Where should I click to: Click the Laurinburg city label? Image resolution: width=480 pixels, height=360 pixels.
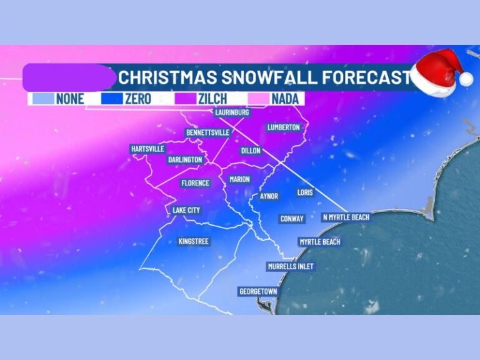232,112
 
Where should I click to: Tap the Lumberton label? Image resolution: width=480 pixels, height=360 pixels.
284,127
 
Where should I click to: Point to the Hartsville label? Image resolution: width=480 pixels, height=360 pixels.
147,149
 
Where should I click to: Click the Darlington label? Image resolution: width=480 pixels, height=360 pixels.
185,159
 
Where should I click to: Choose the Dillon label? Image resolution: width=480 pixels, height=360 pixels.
250,151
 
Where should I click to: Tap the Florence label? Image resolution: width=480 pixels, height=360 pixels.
195,183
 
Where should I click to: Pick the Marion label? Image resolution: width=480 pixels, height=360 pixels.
239,179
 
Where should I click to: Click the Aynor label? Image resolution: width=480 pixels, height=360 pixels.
269,196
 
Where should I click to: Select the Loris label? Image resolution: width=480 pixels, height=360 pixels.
305,192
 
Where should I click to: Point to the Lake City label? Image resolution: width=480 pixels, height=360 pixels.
186,211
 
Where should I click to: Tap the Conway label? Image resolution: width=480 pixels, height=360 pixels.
292,219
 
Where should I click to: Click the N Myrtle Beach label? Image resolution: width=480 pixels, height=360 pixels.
346,217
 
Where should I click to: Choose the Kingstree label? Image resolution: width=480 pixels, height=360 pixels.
194,241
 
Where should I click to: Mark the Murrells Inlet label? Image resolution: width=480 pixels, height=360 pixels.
291,266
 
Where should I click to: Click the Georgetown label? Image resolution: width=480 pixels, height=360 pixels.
258,291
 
